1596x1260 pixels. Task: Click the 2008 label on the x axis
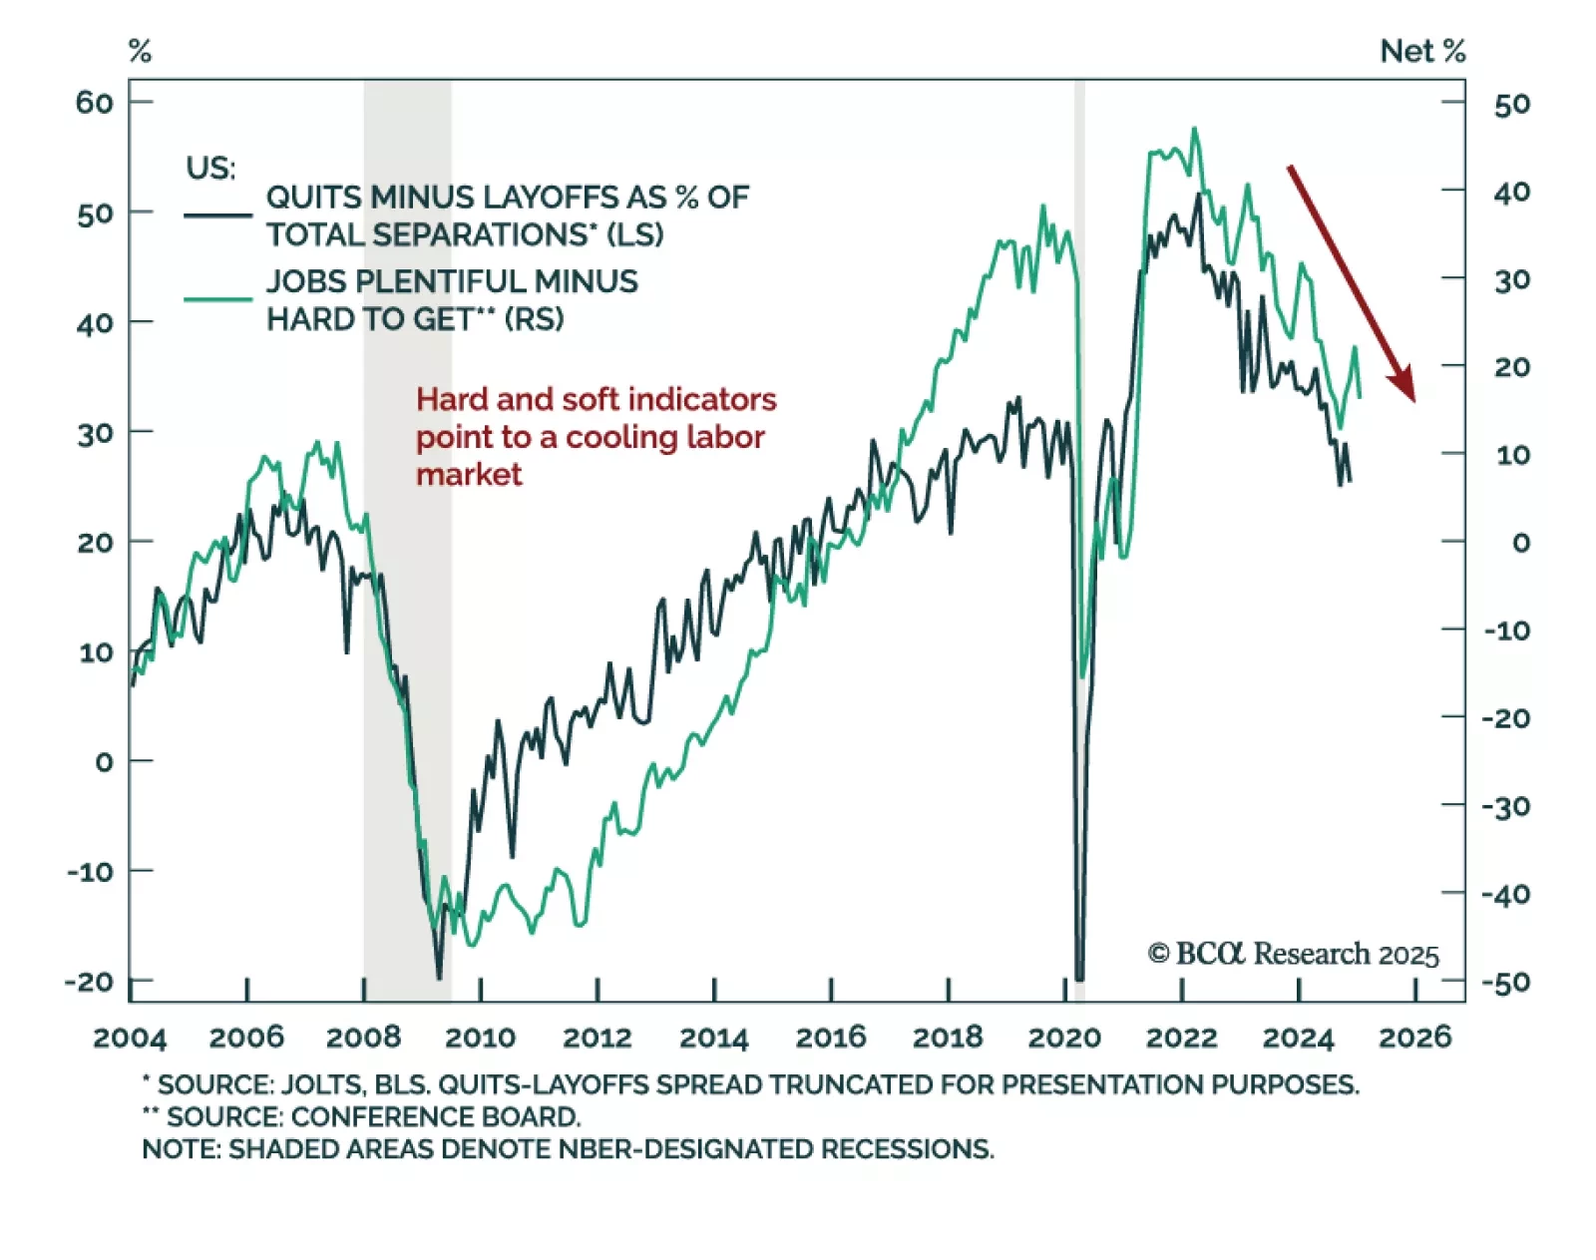coord(363,1038)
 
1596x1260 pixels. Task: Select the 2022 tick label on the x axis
coord(1181,1038)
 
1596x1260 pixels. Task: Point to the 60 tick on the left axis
coord(95,102)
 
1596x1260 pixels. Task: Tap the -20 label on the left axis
coord(90,982)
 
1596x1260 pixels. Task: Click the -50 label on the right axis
coord(1506,983)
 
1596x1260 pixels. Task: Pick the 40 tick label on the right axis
coord(1512,192)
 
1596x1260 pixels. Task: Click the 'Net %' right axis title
coord(1422,51)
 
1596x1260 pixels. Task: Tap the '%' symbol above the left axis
coord(140,51)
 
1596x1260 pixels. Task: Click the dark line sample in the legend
coord(217,214)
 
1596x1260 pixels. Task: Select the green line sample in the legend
coord(217,298)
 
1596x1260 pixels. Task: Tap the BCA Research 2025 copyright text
coord(1293,954)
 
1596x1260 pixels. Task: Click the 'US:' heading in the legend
coord(210,168)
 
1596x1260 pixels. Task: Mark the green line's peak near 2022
coord(1194,129)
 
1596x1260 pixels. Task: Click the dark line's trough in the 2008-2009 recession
coord(439,977)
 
